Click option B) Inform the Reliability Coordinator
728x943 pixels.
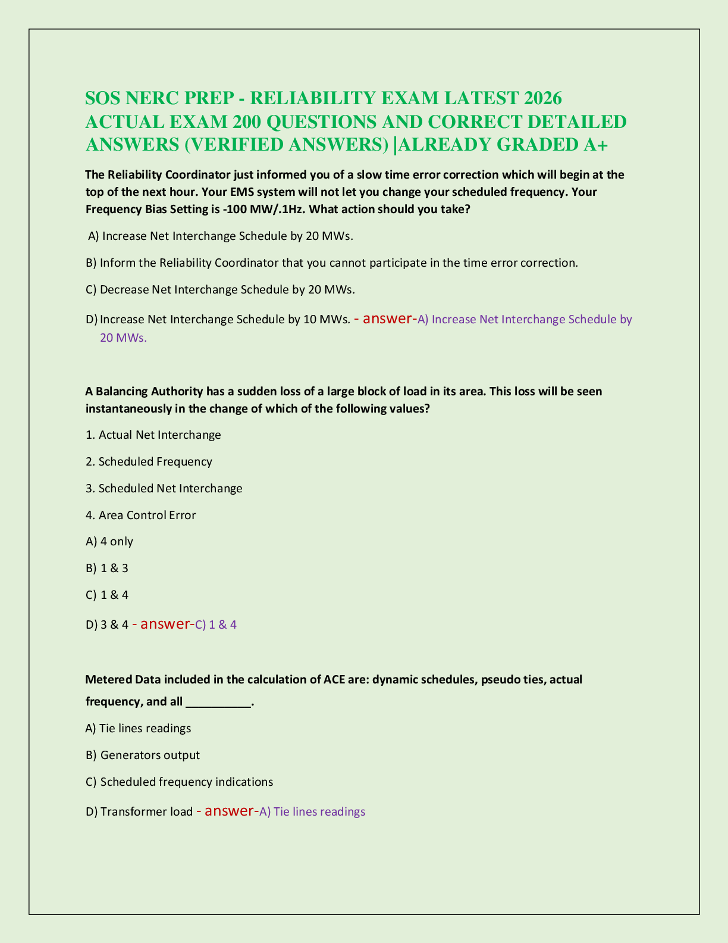332,263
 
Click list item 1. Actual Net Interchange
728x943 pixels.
153,435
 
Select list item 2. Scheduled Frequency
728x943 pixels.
149,461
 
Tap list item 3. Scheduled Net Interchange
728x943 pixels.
164,488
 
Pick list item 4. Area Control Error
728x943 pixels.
141,515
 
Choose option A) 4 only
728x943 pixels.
109,541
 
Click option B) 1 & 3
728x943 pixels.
107,568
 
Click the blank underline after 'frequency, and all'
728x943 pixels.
219,702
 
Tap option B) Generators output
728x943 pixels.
143,755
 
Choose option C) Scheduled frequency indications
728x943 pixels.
180,782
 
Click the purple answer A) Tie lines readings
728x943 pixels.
312,811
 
